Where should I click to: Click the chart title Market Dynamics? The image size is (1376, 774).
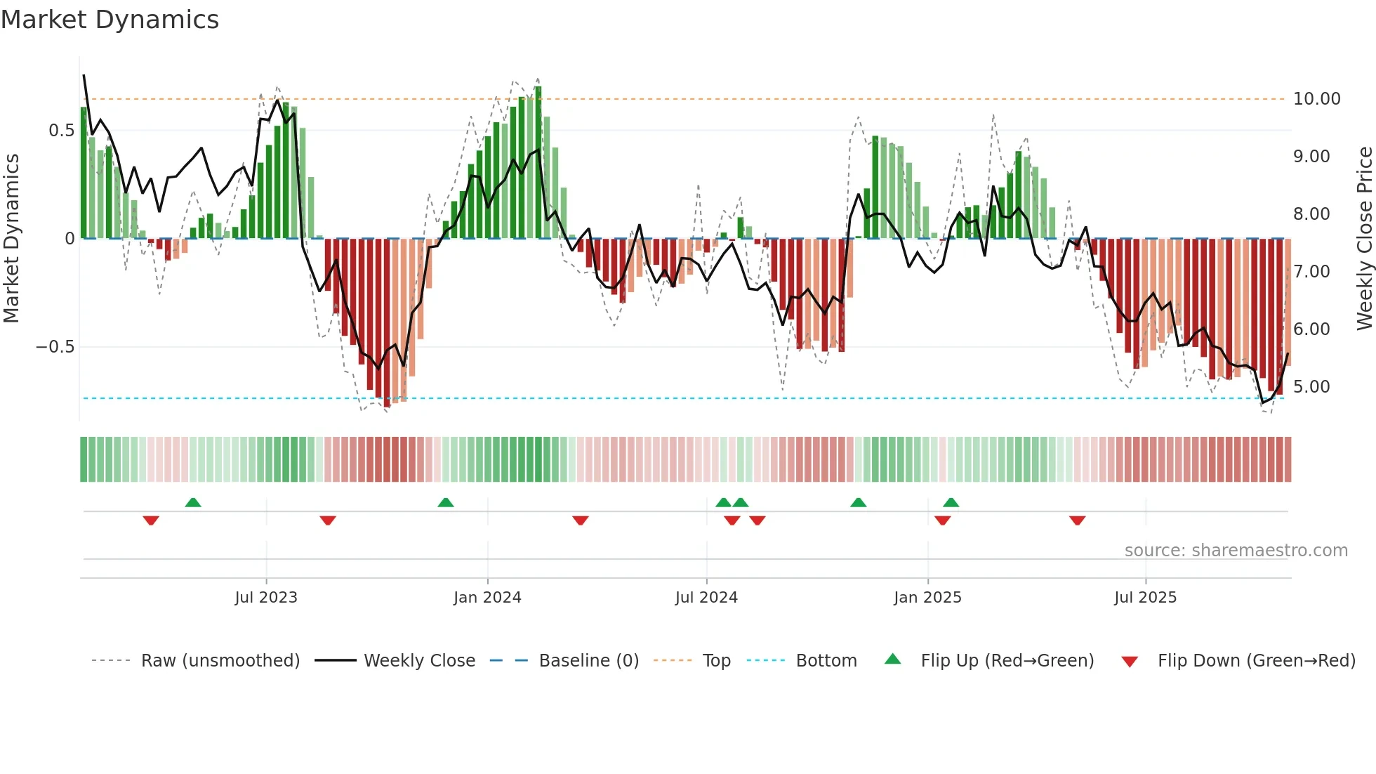click(x=110, y=20)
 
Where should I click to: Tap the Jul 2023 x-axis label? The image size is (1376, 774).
click(x=266, y=598)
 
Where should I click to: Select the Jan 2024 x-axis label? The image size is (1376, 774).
click(x=487, y=598)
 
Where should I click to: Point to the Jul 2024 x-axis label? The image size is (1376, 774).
click(x=706, y=598)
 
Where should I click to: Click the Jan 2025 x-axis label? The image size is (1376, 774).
click(x=927, y=598)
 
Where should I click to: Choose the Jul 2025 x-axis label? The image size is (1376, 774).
click(x=1145, y=598)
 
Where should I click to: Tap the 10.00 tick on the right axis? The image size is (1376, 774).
click(x=1316, y=99)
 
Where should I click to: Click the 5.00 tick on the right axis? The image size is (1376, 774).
click(x=1311, y=387)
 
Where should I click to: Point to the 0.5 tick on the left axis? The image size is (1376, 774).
click(x=61, y=131)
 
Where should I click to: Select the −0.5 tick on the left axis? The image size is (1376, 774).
click(x=55, y=347)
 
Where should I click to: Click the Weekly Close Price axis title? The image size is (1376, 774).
click(x=1364, y=239)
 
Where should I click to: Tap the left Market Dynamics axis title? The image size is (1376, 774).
click(x=11, y=239)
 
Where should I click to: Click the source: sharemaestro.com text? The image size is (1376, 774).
click(x=1236, y=551)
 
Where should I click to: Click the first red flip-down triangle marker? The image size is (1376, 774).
click(x=151, y=520)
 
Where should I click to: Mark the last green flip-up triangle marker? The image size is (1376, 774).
click(x=951, y=502)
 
